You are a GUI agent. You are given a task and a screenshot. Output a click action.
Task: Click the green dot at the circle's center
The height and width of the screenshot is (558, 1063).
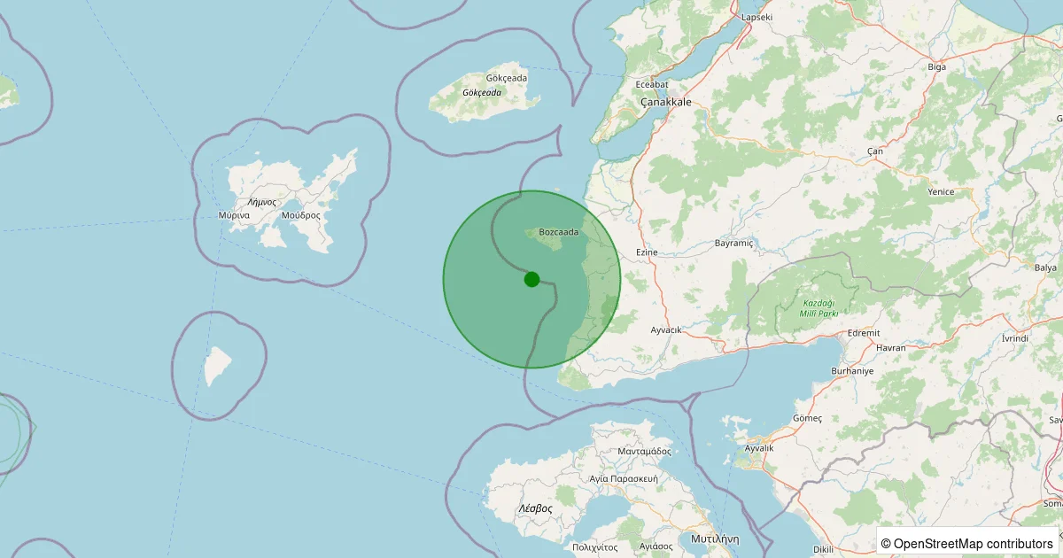[x=531, y=279]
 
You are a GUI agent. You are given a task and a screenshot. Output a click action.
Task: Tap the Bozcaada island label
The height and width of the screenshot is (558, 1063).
[x=558, y=232]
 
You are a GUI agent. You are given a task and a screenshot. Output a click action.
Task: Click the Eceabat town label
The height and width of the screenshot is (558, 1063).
[x=652, y=85]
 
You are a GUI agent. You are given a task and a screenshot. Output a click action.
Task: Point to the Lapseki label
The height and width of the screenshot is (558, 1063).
[x=757, y=17]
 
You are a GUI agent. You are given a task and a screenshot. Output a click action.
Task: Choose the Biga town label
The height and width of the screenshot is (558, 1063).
[x=936, y=66]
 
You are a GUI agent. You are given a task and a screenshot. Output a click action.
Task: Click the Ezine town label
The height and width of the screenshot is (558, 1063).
[x=647, y=252]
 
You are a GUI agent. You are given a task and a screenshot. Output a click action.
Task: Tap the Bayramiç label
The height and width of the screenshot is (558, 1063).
[x=733, y=243]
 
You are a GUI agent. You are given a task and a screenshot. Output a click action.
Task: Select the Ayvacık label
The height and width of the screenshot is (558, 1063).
[x=666, y=329]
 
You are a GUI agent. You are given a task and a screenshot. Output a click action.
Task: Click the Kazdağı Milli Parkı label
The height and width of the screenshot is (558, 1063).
[x=807, y=306]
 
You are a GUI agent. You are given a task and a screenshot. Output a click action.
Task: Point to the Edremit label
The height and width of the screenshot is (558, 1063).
[x=864, y=333]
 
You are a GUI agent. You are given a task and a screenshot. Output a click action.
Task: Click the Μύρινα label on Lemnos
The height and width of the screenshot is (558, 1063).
[x=233, y=215]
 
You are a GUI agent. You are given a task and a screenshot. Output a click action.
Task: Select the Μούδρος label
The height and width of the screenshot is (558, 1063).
[x=300, y=215]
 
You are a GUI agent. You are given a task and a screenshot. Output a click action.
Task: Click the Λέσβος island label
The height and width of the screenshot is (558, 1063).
[x=535, y=508]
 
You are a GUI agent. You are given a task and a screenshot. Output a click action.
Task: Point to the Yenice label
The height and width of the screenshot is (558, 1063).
[x=940, y=191]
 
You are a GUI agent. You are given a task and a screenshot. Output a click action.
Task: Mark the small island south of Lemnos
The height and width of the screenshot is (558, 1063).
[x=217, y=366]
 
